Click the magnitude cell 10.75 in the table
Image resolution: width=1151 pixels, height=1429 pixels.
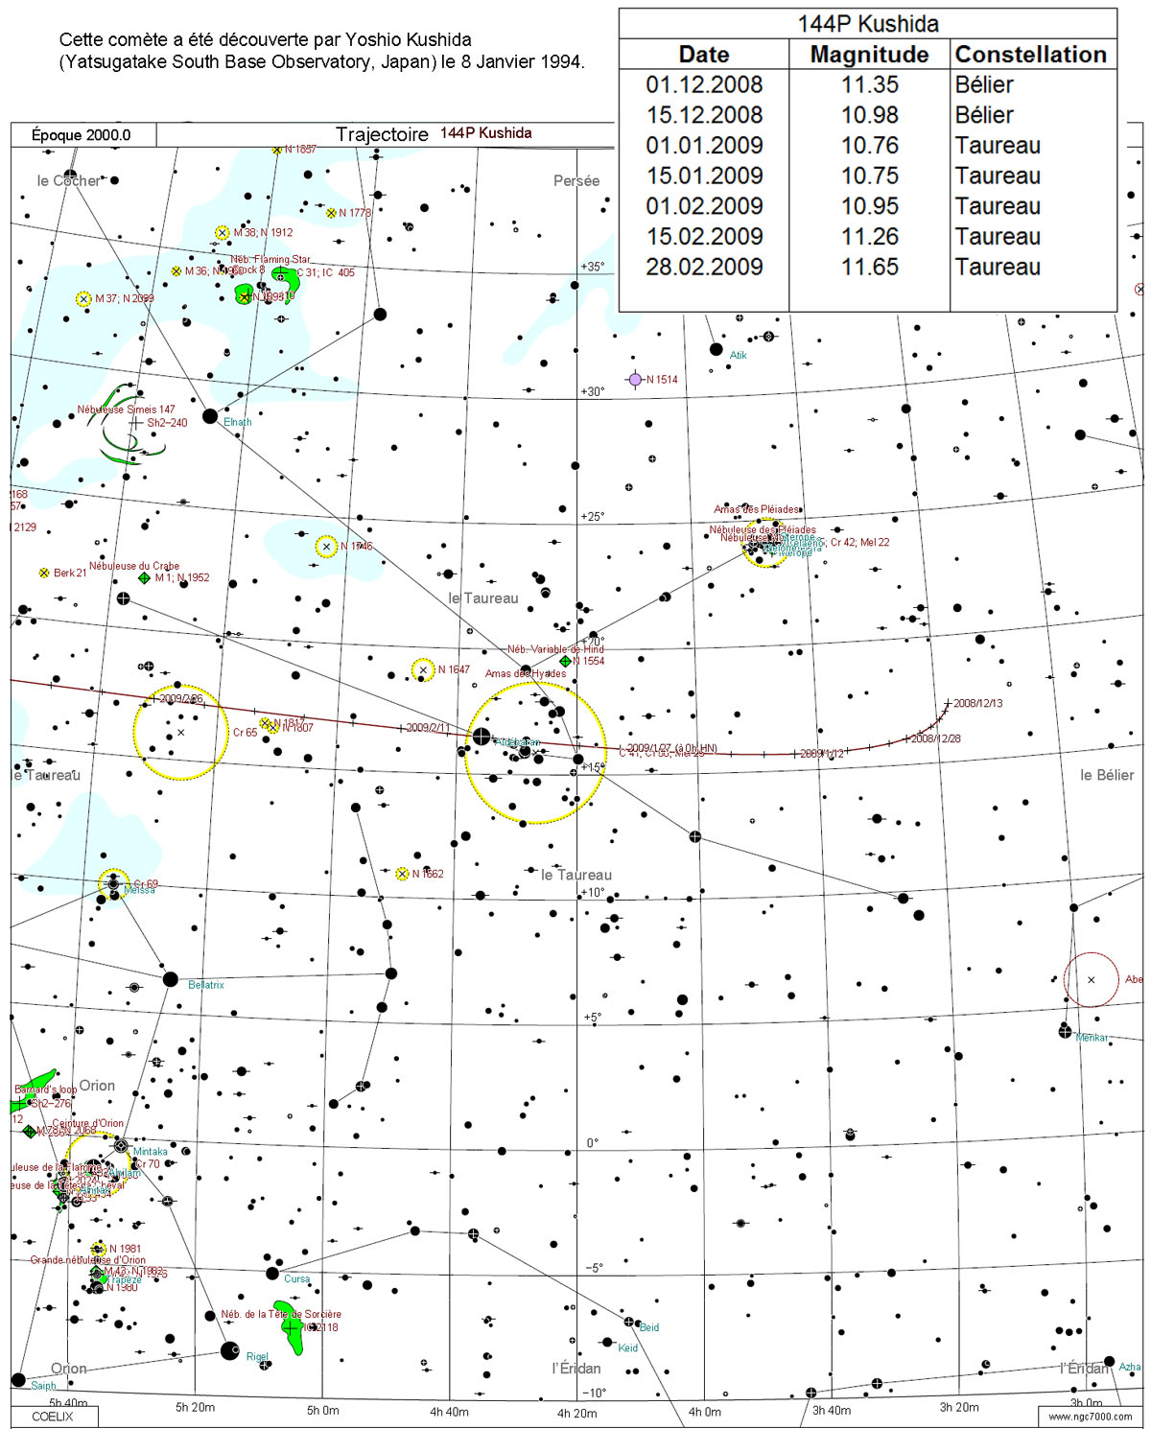click(x=869, y=176)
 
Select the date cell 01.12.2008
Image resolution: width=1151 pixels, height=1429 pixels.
click(x=704, y=84)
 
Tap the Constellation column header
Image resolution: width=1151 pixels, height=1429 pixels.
click(x=1030, y=55)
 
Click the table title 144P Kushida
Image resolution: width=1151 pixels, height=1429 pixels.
click(x=867, y=23)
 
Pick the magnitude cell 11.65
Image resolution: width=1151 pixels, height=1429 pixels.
click(x=869, y=267)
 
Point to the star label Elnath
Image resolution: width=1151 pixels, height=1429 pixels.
click(x=237, y=422)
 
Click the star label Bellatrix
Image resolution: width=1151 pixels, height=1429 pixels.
click(x=206, y=985)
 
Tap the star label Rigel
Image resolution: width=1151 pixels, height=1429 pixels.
click(x=257, y=1357)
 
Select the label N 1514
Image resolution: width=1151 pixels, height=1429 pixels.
click(x=662, y=380)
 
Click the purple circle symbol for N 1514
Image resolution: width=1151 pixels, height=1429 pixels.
click(x=634, y=380)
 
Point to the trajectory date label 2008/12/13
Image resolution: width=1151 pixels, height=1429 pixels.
click(x=977, y=703)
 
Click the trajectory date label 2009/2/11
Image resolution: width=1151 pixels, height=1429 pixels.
click(x=428, y=728)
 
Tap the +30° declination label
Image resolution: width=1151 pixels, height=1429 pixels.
click(x=593, y=391)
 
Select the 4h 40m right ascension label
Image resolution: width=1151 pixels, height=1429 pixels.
click(x=449, y=1412)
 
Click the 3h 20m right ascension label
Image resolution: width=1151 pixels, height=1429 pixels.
click(x=959, y=1407)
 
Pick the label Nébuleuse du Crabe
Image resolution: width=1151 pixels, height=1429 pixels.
click(x=134, y=566)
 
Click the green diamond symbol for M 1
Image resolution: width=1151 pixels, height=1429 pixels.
click(x=144, y=578)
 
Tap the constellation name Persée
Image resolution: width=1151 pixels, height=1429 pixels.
click(x=576, y=180)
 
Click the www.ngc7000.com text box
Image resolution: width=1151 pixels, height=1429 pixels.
click(x=1090, y=1416)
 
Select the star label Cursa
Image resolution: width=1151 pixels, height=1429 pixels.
click(x=296, y=1278)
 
